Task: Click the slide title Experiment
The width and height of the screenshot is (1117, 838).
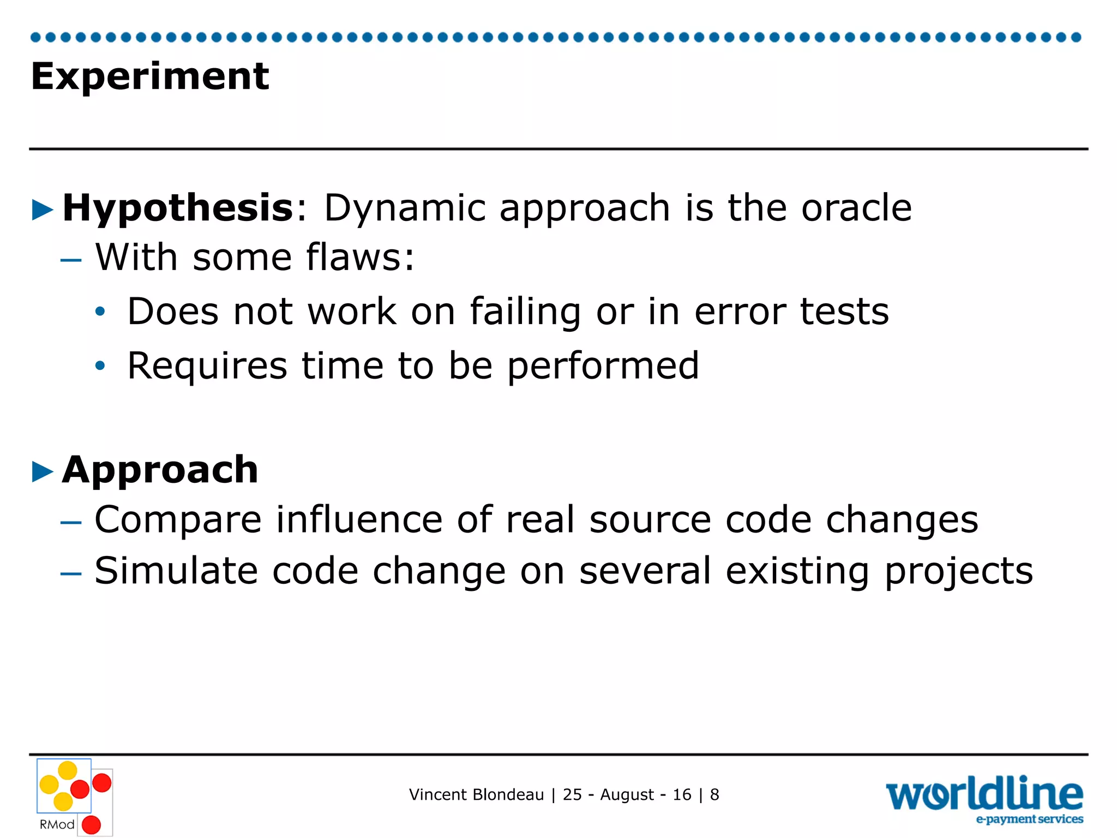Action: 149,76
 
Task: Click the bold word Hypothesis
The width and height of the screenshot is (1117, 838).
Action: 178,208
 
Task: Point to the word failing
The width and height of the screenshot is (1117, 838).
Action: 525,312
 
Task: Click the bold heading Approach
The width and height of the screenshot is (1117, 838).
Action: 160,470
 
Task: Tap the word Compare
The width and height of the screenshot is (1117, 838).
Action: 178,520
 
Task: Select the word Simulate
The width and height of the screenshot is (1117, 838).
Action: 176,571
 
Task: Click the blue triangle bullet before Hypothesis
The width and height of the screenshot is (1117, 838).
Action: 43,210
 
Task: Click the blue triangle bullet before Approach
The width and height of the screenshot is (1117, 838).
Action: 43,472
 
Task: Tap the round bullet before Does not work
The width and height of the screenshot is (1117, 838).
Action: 100,312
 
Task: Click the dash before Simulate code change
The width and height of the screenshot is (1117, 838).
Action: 71,573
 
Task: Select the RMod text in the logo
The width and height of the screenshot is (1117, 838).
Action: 57,824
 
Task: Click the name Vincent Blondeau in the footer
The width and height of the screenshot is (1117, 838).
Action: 476,795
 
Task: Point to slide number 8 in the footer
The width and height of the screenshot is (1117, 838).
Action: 714,795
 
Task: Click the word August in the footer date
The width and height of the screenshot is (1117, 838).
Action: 627,795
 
